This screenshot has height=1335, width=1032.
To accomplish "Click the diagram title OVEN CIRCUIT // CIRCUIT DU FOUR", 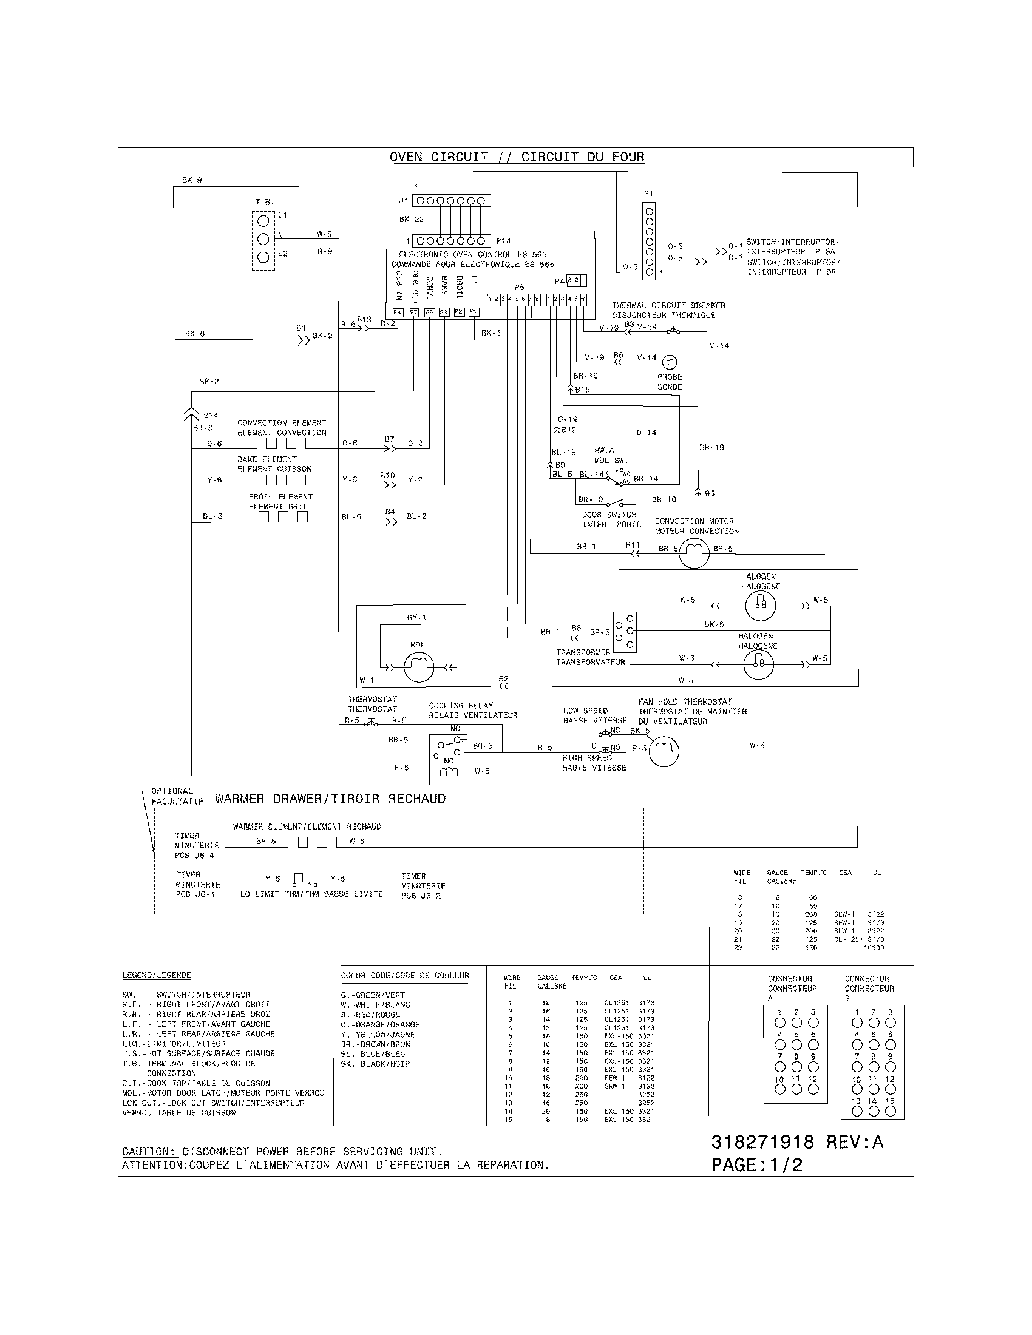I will [x=517, y=157].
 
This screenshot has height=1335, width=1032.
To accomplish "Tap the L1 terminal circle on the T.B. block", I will [x=263, y=221].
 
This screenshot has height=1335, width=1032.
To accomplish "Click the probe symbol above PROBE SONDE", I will [x=670, y=362].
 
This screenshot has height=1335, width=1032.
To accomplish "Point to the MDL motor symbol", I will [x=419, y=667].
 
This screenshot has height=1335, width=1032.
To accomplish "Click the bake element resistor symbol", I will [x=282, y=479].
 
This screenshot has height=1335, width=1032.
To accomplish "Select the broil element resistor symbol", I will [x=282, y=516].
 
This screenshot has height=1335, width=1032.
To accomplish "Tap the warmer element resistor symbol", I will [x=312, y=842].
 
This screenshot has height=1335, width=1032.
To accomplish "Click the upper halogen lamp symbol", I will [x=760, y=605].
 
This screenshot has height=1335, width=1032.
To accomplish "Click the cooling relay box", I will [x=448, y=759].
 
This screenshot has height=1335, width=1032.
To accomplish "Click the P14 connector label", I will [x=503, y=241].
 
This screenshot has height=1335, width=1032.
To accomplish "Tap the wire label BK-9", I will [x=191, y=180].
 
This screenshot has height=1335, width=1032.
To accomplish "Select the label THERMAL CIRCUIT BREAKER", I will [x=668, y=305].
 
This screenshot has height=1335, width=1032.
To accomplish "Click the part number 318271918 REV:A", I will [x=797, y=1142].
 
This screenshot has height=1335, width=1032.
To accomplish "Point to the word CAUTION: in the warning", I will [x=148, y=1152].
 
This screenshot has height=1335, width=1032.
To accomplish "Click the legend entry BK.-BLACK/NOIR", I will [x=375, y=1064].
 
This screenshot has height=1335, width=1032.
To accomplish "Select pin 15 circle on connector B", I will [x=890, y=1112].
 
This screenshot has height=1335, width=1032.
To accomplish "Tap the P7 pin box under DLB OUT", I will [x=414, y=313].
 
